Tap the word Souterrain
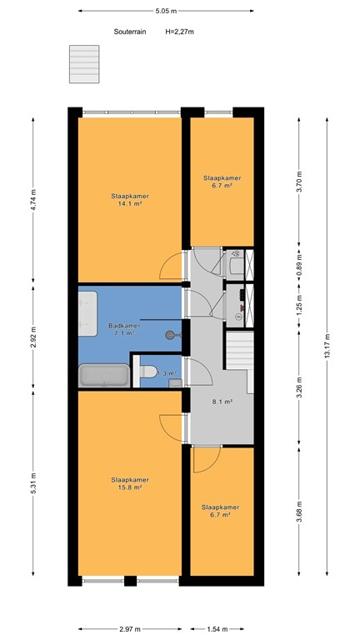[x=130, y=32]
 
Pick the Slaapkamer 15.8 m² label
[x=129, y=483]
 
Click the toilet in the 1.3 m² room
[x=147, y=373]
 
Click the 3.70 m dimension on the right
[x=299, y=182]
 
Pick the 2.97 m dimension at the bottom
[x=129, y=629]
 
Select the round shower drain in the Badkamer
[x=170, y=333]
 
